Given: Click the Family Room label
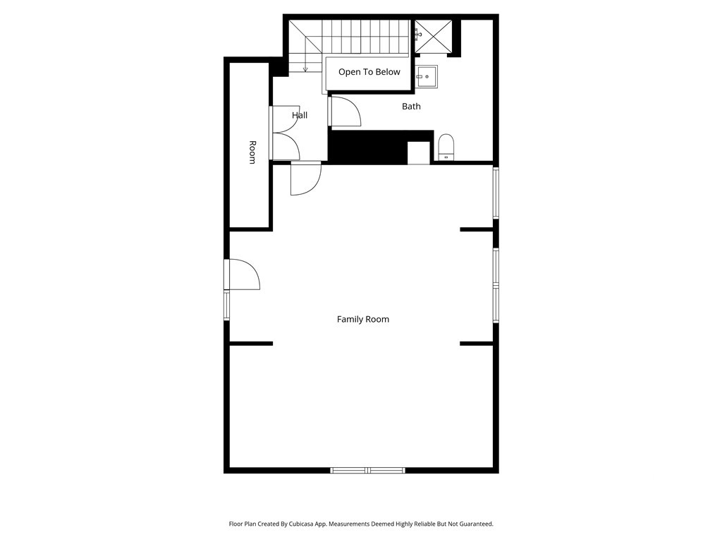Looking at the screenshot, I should coord(362,319).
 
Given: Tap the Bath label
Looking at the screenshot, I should coord(411,107).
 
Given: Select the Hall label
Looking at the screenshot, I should coord(300,115).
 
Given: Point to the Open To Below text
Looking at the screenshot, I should coord(369,72).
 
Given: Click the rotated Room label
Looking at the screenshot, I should coord(252,152).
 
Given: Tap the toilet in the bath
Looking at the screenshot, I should coord(446,147).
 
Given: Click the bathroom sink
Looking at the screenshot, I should coord(426,76).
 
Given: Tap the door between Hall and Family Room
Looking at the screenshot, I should coord(305,178).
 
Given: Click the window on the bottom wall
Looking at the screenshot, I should coord(367,469).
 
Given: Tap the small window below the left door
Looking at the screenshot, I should coord(227,306).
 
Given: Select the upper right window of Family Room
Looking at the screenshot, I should coord(496,192).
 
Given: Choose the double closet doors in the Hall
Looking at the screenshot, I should coord(284,133).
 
